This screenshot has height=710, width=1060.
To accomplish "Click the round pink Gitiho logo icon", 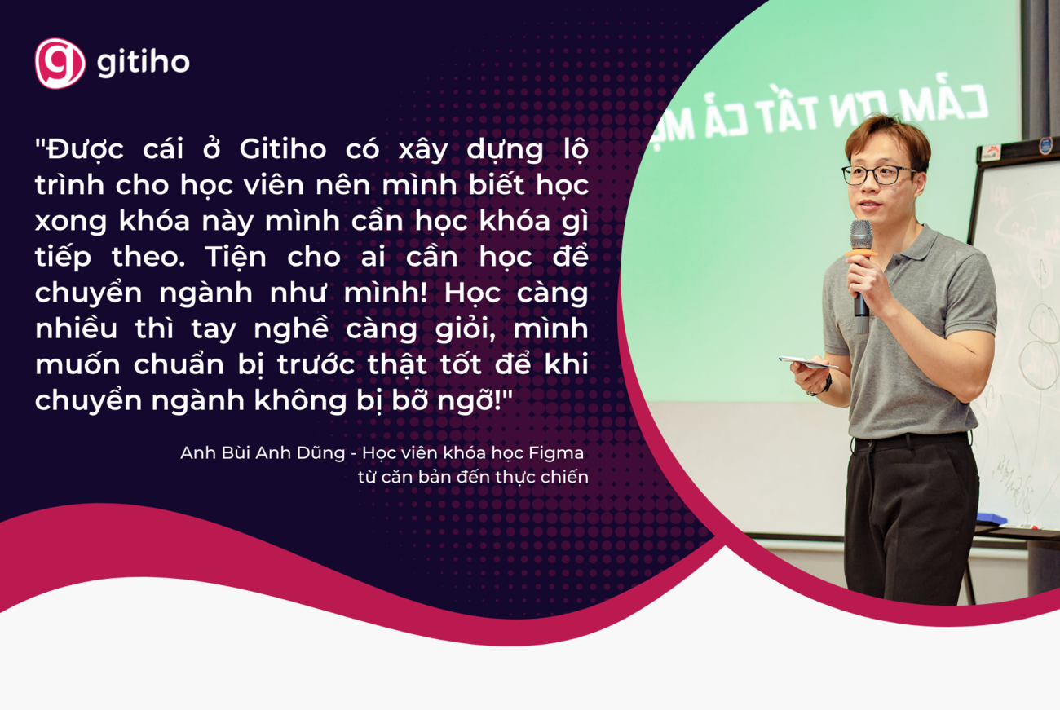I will (60, 63).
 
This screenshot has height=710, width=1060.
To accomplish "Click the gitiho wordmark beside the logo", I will (144, 63).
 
